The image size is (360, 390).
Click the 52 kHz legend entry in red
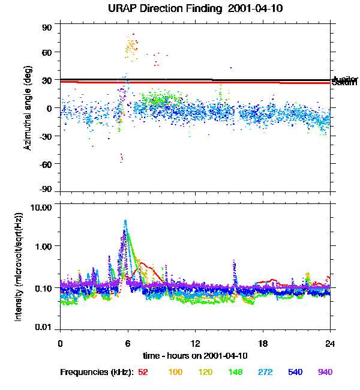point(143,372)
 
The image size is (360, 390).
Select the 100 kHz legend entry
point(175,372)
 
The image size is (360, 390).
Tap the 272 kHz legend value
point(264,372)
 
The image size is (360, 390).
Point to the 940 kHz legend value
point(325,372)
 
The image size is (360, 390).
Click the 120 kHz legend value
point(205,372)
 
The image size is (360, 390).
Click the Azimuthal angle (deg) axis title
point(28,108)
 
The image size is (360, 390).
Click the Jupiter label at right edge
point(345,79)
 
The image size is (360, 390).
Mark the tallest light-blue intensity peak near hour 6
point(125,221)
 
